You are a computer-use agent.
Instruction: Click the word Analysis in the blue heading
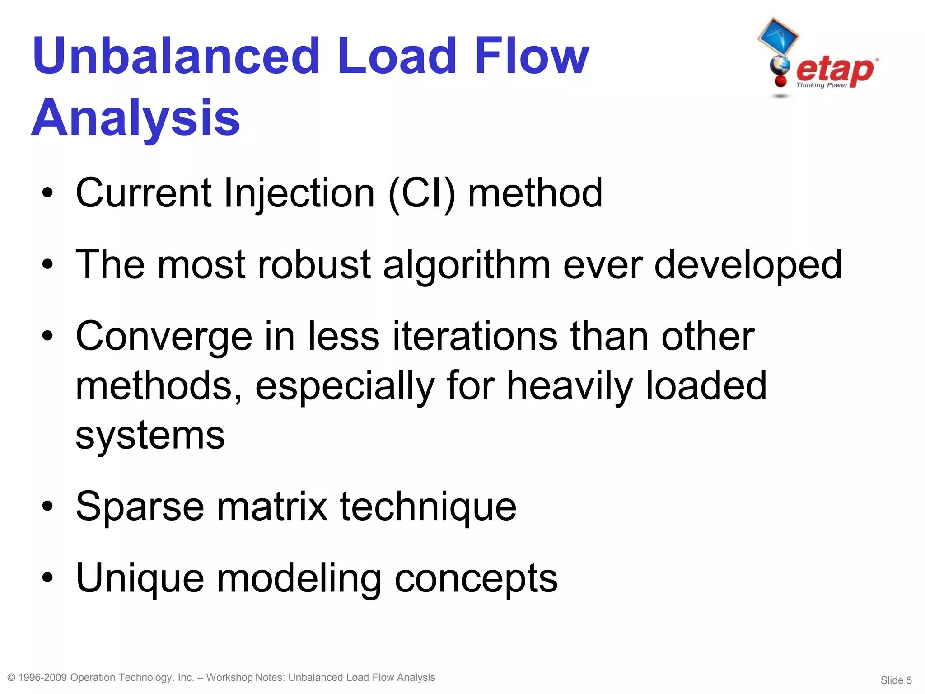[x=135, y=118]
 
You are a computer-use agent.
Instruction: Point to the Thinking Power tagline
[x=822, y=85]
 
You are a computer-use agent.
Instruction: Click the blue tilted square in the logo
[x=778, y=36]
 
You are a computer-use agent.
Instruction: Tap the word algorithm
[x=467, y=265]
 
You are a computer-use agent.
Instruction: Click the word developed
[x=748, y=265]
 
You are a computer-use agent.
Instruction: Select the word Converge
[x=164, y=337]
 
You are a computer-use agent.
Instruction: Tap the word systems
[x=150, y=436]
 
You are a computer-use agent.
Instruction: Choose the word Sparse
[x=140, y=507]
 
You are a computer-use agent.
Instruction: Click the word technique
[x=428, y=507]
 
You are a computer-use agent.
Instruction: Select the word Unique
[x=140, y=578]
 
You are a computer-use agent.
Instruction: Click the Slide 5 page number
[x=896, y=680]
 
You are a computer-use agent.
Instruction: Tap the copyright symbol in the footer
[x=12, y=677]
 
